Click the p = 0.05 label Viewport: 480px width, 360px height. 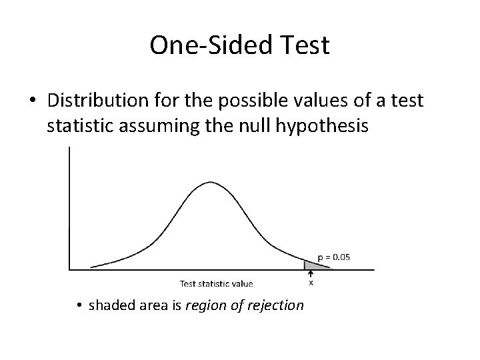click(x=334, y=255)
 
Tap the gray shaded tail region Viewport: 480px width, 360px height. click(x=313, y=265)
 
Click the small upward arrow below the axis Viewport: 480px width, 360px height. click(x=311, y=273)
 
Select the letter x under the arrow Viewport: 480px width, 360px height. click(x=311, y=282)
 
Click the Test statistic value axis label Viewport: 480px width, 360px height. click(x=217, y=283)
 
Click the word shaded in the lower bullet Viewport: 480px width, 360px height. click(x=110, y=305)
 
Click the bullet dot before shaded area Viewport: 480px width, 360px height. click(x=79, y=306)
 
